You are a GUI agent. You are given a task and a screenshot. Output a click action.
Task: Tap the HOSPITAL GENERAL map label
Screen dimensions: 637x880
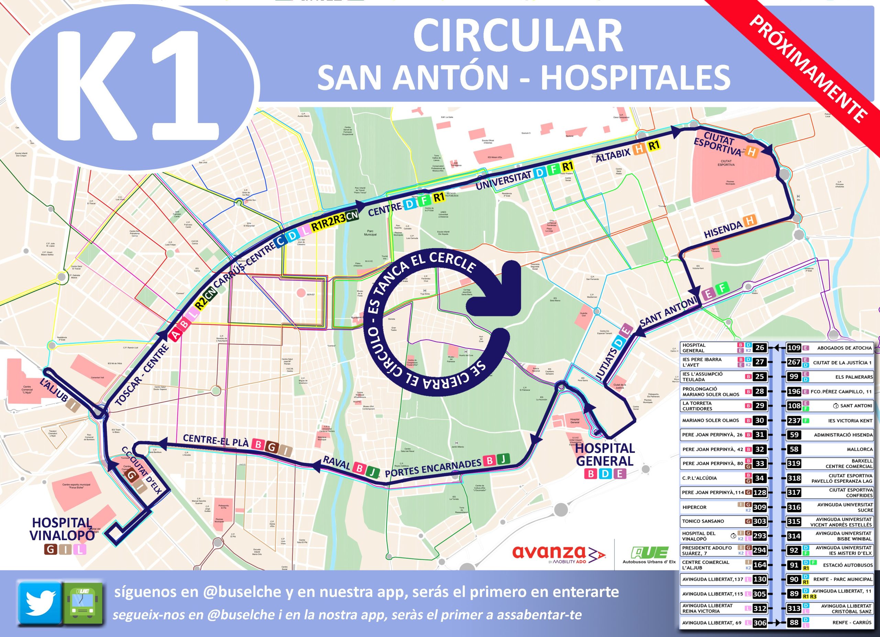[605, 455]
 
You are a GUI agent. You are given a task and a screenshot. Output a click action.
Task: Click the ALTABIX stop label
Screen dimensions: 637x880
[613, 154]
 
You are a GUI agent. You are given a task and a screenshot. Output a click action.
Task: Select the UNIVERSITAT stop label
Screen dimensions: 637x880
[503, 180]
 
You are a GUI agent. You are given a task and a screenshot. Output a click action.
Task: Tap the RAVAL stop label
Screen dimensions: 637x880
[337, 465]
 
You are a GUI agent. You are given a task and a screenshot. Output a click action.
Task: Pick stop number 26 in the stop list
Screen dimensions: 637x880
[759, 347]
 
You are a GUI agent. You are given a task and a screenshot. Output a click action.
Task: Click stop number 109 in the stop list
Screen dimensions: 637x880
[793, 347]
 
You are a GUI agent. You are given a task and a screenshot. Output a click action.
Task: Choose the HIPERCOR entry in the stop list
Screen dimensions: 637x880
[694, 507]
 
